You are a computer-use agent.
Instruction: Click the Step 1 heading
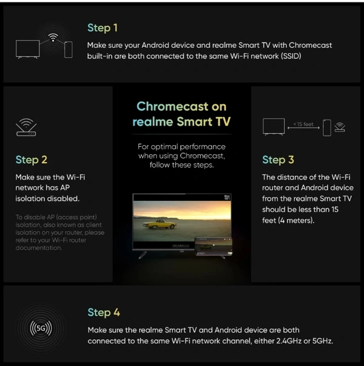point(103,28)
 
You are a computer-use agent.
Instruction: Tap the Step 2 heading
point(32,160)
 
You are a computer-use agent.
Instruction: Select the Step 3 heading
point(278,160)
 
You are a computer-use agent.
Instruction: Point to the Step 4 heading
point(104,313)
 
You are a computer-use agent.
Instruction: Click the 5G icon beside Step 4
point(41,328)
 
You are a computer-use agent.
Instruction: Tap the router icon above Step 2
point(26,127)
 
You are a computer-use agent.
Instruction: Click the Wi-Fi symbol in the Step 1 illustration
point(53,38)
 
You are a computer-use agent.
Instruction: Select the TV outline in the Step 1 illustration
point(27,49)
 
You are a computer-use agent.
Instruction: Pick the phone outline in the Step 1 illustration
point(68,50)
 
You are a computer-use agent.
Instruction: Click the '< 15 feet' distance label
point(303,124)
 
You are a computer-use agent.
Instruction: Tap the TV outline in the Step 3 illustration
point(274,127)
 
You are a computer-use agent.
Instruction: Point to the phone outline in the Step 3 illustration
point(327,127)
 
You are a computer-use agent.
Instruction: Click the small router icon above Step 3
point(340,127)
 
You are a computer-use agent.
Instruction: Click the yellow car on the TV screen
point(160,223)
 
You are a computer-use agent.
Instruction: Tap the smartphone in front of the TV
point(214,246)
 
